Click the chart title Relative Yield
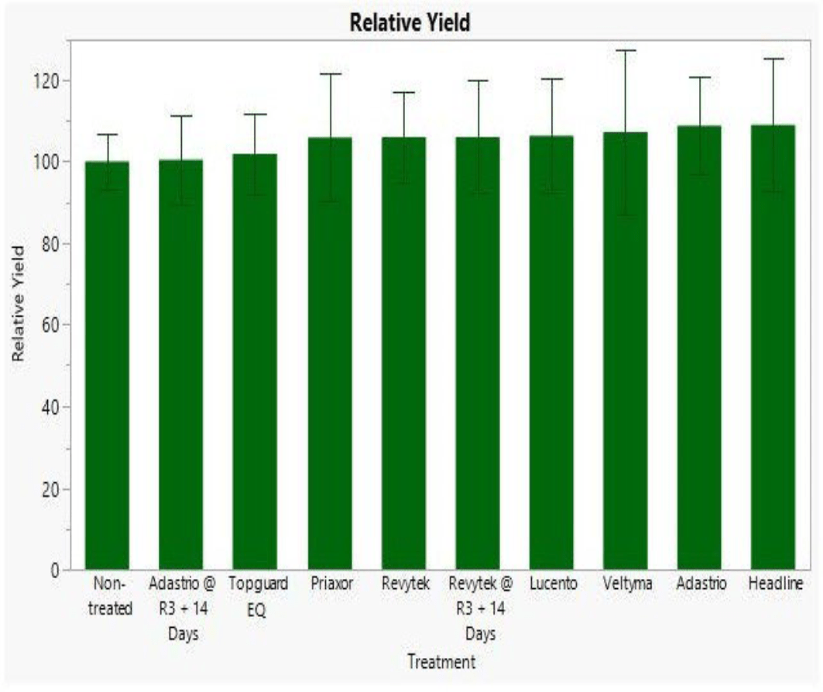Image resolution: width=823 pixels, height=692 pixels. tap(410, 23)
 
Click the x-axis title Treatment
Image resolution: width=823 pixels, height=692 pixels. tap(441, 662)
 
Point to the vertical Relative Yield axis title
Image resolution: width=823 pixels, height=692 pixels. tap(19, 303)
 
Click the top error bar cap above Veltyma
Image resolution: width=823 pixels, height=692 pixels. tap(626, 50)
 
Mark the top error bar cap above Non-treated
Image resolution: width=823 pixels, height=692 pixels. tap(107, 135)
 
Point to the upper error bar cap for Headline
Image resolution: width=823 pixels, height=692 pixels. tap(773, 59)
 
